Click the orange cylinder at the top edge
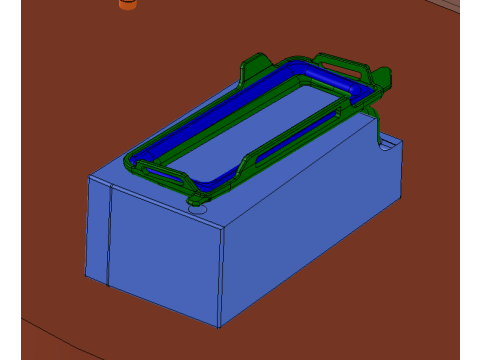[x=127, y=4]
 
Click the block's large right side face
[x=310, y=230]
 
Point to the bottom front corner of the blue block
[x=220, y=327]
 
